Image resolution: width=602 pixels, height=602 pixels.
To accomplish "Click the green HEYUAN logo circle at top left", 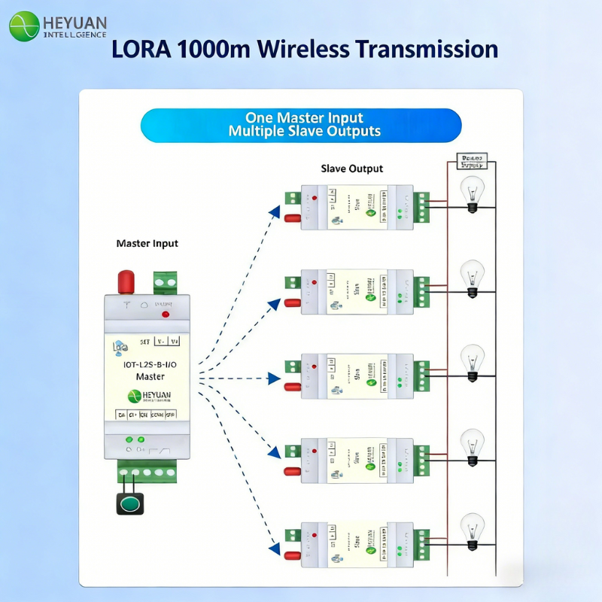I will tap(24, 26).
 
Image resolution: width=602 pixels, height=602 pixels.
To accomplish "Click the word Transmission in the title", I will tap(426, 50).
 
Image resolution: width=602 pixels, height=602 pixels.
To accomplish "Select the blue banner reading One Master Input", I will tap(301, 125).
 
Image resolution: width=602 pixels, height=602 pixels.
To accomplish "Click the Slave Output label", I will tap(351, 169).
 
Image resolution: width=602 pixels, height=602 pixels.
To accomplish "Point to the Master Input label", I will tap(147, 244).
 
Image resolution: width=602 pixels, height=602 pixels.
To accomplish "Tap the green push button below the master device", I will tap(129, 503).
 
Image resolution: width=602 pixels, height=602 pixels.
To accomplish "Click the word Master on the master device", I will tap(150, 376).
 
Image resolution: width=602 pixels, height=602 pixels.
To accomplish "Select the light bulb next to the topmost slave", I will tap(473, 191).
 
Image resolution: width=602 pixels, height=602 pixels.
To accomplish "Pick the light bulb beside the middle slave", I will tap(473, 360).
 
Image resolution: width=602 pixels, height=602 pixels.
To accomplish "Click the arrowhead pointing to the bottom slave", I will tap(276, 544).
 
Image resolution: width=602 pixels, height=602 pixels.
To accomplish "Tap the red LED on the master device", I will tap(165, 315).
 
